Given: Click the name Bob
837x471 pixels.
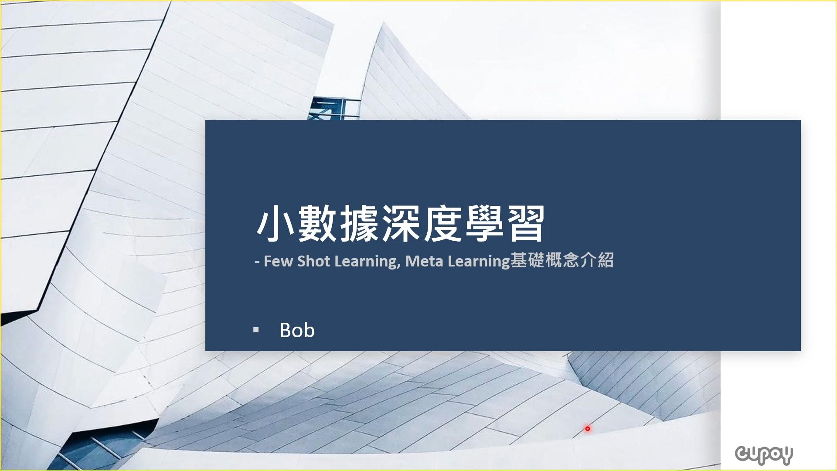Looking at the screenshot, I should (x=297, y=330).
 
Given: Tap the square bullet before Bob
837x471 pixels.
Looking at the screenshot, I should (x=256, y=330).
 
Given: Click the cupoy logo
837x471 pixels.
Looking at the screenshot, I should (x=764, y=455).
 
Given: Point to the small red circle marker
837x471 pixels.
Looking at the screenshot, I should (x=588, y=429).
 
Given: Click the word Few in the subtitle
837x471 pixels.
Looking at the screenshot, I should (x=278, y=261).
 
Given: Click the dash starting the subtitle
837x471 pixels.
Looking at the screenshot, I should (x=257, y=262).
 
